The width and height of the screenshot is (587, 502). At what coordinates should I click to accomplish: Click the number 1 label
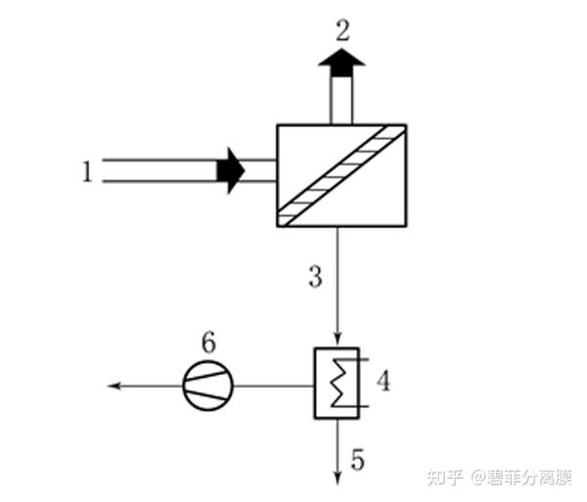click(87, 172)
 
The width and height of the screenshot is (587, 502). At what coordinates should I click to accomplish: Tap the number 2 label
click(341, 29)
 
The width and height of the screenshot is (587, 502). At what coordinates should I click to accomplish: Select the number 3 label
click(314, 277)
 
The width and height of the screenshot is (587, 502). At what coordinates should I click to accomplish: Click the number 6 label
click(207, 342)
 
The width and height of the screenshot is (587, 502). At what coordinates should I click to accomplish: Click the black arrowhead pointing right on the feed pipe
click(231, 170)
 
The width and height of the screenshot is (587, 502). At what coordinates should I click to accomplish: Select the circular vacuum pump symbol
click(207, 385)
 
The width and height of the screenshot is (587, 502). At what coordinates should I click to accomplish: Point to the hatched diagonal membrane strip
click(341, 175)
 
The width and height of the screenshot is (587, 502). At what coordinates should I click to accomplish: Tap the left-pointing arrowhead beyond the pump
click(113, 385)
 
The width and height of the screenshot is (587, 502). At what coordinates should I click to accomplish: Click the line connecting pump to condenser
click(274, 385)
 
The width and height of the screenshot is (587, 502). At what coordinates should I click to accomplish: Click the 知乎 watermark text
click(447, 478)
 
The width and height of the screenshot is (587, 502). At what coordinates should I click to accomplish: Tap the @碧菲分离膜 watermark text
click(521, 478)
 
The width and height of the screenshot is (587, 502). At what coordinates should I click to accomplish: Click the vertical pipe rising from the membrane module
click(341, 100)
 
